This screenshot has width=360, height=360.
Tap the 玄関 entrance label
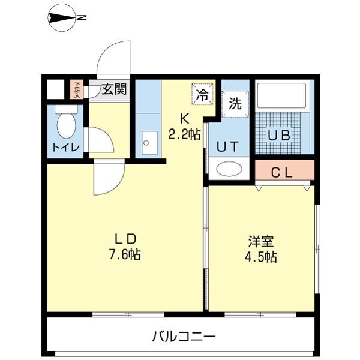coord(113,90)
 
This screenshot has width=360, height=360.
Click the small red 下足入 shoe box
coord(77,89)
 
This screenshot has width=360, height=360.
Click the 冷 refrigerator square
coord(203,93)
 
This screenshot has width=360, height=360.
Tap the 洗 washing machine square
coord(235,103)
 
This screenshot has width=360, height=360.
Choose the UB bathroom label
coord(278,135)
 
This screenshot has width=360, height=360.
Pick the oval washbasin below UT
coord(228,169)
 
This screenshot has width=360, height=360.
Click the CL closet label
coord(281,173)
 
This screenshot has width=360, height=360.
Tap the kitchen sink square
coord(147,143)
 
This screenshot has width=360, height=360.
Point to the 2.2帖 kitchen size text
coord(184,134)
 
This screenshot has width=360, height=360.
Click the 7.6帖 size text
coord(125,254)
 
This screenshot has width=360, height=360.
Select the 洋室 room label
coord(262,242)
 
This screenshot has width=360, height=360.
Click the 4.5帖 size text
coord(262,257)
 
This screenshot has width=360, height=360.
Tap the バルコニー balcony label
coord(183,335)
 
